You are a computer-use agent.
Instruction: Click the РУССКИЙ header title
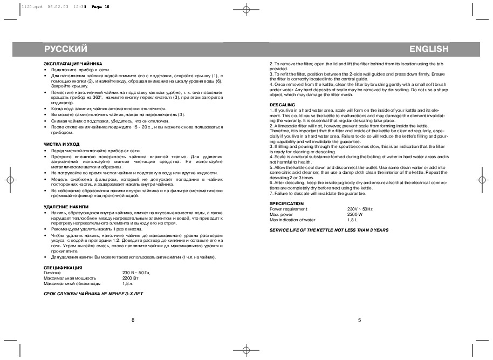pos(66,49)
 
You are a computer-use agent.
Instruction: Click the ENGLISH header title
pos(429,49)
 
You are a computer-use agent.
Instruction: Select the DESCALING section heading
pos(282,104)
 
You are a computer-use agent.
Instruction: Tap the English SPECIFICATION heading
pos(286,203)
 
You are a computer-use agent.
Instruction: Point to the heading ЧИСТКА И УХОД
pos(61,144)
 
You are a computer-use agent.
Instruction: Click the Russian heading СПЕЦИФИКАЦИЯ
pos(63,268)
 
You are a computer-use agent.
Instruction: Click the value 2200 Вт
pos(131,278)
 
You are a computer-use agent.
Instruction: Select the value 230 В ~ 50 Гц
pos(135,273)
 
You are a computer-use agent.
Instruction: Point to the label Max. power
pos(280,214)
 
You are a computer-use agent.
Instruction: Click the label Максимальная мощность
pos(70,278)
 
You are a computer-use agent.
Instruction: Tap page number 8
pos(133,320)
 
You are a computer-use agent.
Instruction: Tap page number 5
pos(359,320)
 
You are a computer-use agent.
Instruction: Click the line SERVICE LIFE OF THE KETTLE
pos(328,230)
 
